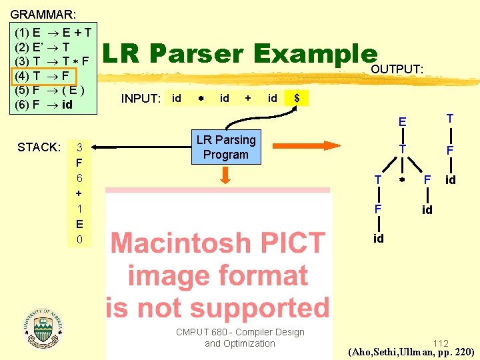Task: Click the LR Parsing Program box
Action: pos(225,147)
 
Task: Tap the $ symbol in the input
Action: pos(297,99)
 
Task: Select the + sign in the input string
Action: pos(248,99)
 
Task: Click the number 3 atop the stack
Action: pos(79,147)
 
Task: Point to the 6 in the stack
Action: pos(79,178)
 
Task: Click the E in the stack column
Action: pos(79,224)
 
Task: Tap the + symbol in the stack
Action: pos(79,193)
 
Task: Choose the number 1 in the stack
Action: pos(79,209)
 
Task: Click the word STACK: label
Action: pos(39,147)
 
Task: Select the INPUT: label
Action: pos(141,99)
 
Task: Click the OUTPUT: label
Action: pos(397,69)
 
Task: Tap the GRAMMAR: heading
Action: pos(43,13)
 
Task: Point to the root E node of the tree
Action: pos(402,122)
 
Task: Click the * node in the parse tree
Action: pos(402,180)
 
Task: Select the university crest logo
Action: pos(42,325)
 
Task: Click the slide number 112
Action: pos(440,343)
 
